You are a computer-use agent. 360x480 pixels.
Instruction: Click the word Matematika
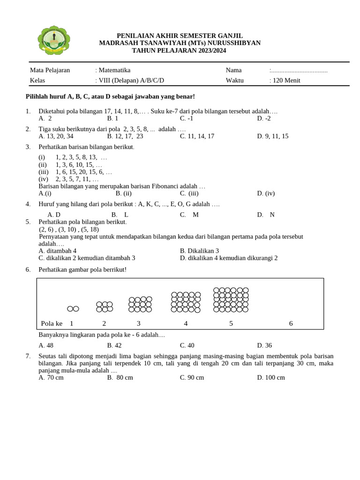point(114,70)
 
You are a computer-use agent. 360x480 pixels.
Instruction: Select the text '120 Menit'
point(286,80)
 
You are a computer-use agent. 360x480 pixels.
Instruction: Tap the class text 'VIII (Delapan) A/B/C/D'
point(131,80)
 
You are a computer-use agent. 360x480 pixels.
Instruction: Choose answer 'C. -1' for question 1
point(187,119)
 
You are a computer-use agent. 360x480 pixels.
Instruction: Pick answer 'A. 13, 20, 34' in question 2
point(56,136)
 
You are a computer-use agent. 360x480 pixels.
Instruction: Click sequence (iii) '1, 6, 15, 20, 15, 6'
point(83,172)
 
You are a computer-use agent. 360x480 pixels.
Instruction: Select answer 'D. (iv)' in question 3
point(266,193)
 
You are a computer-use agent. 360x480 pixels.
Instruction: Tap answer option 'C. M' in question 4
point(189,215)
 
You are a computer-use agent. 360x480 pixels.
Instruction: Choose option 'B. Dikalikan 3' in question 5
point(199,251)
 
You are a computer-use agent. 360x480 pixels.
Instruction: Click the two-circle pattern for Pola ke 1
point(73,308)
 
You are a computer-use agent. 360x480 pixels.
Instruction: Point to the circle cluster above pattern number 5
point(231,300)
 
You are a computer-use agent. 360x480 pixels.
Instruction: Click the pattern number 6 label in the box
point(291,323)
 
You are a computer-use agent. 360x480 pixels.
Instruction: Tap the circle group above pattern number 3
point(140,304)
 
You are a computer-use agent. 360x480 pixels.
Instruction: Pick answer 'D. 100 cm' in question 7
point(271,378)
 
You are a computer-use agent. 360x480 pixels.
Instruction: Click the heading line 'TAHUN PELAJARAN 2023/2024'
point(180,50)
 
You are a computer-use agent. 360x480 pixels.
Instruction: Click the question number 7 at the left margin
point(28,357)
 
